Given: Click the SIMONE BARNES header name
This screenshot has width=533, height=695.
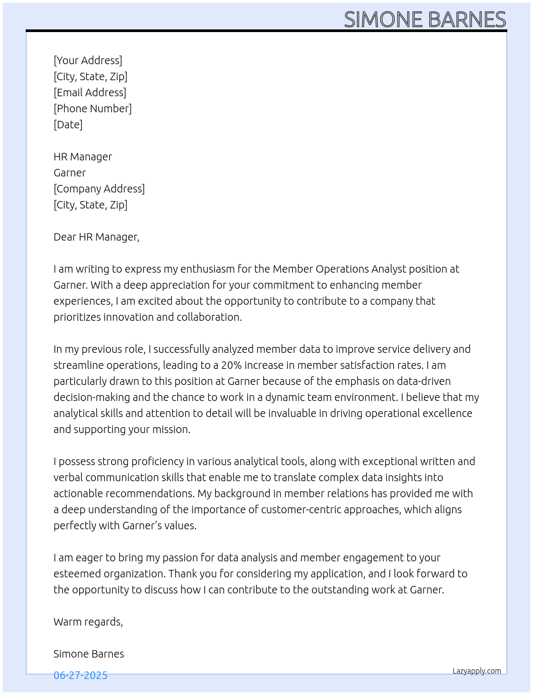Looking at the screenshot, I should pyautogui.click(x=424, y=20).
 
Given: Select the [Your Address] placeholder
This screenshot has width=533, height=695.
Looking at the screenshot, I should pyautogui.click(x=88, y=60).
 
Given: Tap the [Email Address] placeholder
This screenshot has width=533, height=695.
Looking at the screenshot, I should pyautogui.click(x=90, y=92).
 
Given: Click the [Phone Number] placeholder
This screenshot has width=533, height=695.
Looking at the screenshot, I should pyautogui.click(x=93, y=109).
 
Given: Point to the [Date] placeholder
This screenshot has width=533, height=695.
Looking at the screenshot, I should pyautogui.click(x=68, y=125).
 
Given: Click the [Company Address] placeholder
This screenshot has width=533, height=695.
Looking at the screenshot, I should pyautogui.click(x=99, y=189).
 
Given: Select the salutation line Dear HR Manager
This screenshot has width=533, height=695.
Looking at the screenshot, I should pyautogui.click(x=96, y=237).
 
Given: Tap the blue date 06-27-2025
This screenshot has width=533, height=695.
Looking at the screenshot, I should pyautogui.click(x=80, y=675).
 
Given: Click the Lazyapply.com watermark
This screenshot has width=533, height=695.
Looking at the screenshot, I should pyautogui.click(x=477, y=671).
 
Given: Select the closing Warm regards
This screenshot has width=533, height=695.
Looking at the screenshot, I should pyautogui.click(x=88, y=622).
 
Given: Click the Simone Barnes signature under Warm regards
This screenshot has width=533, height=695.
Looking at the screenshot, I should pyautogui.click(x=89, y=654).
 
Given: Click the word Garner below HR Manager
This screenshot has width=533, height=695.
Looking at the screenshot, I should pyautogui.click(x=70, y=173).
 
